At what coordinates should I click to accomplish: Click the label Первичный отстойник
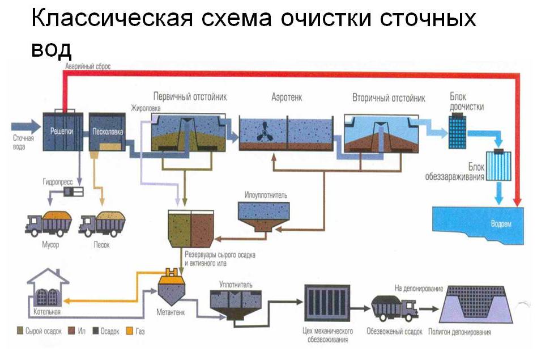[x=190, y=97]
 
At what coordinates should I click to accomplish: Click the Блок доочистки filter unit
[x=458, y=129]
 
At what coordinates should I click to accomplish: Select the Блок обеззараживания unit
[x=499, y=166]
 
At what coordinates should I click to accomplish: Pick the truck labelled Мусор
[x=49, y=224]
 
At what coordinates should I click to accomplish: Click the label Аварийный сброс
[x=87, y=66]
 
